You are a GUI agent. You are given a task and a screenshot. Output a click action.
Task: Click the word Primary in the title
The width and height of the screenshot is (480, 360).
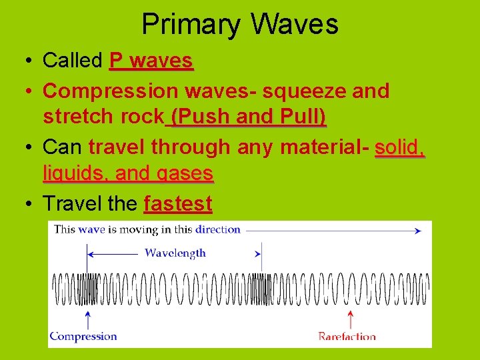coord(192,25)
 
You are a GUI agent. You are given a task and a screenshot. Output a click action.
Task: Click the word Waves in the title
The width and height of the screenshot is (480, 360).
coord(295,25)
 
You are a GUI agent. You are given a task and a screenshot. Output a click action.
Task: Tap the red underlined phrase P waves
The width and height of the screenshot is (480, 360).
coord(151,61)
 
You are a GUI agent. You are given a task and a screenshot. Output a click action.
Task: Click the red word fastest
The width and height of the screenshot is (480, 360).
coord(178,203)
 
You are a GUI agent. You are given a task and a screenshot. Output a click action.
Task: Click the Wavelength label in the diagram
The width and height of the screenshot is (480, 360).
coord(175,253)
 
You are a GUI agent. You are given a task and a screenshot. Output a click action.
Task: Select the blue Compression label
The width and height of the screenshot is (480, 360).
coord(83,336)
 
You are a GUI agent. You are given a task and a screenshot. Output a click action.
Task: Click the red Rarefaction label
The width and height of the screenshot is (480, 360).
coord(347,336)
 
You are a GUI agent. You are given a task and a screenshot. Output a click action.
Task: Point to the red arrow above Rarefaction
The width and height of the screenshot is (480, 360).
coord(351,319)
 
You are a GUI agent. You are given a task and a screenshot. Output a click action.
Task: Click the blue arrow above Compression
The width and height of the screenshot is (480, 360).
coord(87,319)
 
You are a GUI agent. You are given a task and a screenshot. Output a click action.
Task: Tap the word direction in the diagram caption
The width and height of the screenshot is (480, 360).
coord(218,229)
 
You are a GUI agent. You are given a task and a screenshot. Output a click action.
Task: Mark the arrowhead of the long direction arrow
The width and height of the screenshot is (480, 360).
coord(417,231)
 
